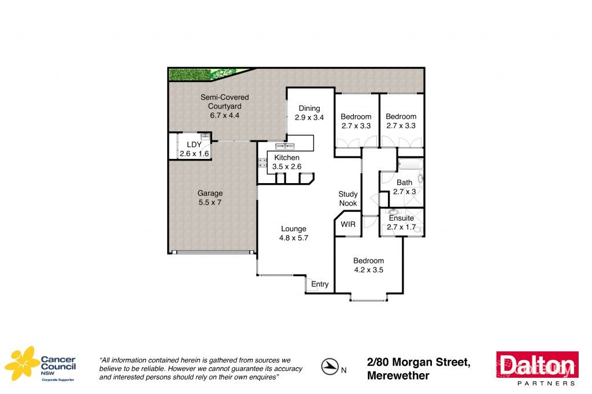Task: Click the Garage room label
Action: pyautogui.click(x=210, y=194)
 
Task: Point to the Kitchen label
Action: pyautogui.click(x=287, y=158)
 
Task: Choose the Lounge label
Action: pyautogui.click(x=294, y=229)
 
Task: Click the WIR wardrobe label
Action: pyautogui.click(x=348, y=224)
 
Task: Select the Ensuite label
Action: pyautogui.click(x=401, y=218)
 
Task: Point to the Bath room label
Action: pyautogui.click(x=405, y=183)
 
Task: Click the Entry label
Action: pyautogui.click(x=320, y=284)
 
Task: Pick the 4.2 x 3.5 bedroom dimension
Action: pyautogui.click(x=369, y=269)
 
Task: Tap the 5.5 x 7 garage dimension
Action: pyautogui.click(x=210, y=203)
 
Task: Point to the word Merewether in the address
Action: pyautogui.click(x=398, y=376)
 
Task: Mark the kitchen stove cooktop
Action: pyautogui.click(x=261, y=163)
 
